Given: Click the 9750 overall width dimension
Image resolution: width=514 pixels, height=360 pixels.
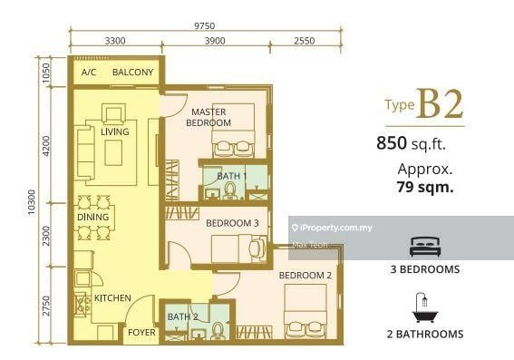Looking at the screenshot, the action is pos(204,25).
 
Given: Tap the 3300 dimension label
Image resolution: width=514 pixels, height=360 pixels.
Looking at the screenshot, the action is pos(115,41).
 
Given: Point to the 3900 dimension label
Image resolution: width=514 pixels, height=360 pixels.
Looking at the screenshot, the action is pos(215,41).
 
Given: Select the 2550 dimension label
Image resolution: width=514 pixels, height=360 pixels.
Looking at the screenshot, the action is pos(305,41).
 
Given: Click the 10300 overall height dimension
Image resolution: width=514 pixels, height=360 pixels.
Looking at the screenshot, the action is pos(32,202).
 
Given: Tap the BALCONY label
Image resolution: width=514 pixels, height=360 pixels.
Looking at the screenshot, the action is pos(132,73).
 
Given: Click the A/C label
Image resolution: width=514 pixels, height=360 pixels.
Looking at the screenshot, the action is pos(89,73).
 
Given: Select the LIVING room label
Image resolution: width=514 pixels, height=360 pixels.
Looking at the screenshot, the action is pos(115,131).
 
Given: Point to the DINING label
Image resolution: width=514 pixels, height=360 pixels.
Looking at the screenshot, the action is pos(92,217).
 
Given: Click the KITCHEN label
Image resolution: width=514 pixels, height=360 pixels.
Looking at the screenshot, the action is pos(112,298).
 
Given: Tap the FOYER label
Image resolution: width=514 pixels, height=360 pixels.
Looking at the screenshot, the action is pos(141,333).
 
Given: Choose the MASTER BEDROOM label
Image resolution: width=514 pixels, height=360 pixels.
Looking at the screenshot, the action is pos(209,117).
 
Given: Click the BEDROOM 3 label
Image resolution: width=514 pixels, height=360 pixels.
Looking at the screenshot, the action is pos(232,223).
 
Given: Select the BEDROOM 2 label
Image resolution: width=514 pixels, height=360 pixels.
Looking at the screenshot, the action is pos(305,276).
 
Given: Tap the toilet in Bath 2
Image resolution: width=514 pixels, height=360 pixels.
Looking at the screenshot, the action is pos(217,330).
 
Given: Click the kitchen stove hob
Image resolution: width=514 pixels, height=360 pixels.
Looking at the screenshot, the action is pos(82,305).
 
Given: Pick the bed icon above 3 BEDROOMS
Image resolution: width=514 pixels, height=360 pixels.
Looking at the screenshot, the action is pos(425,247).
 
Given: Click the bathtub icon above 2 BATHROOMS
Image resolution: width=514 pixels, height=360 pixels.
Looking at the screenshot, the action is pos(425,307).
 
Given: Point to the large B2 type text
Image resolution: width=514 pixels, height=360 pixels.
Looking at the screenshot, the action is pos(440,104).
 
